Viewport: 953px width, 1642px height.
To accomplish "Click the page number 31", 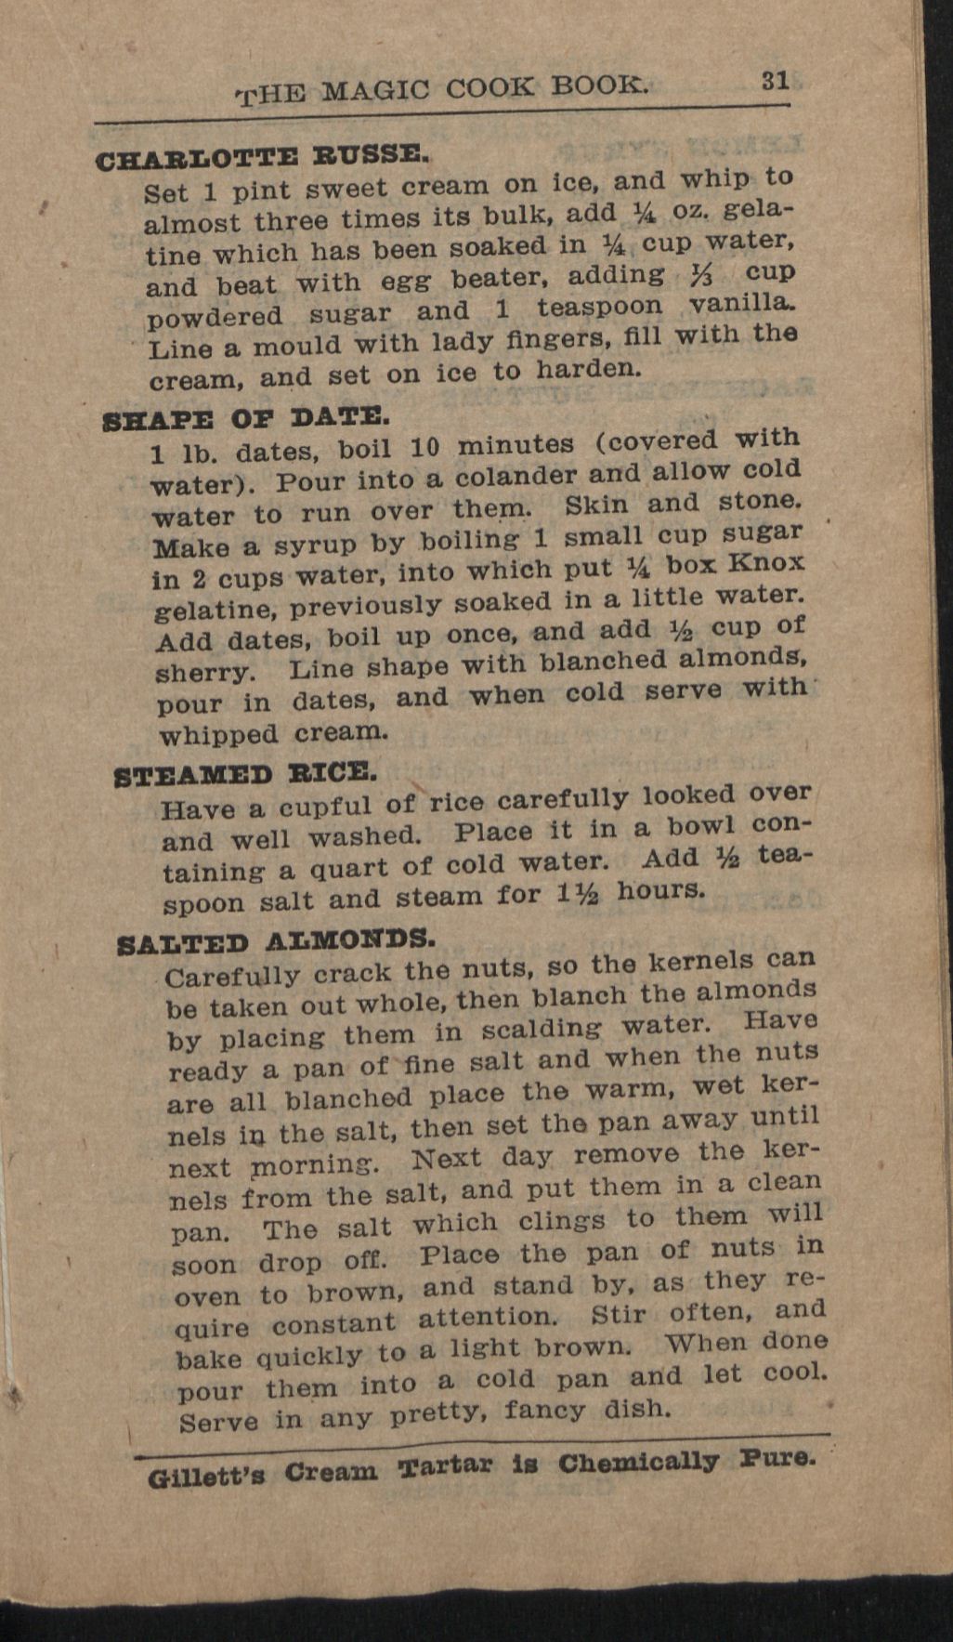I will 776,81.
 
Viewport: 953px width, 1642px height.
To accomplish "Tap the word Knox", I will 766,563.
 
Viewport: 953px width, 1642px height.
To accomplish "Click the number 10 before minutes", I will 424,447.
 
